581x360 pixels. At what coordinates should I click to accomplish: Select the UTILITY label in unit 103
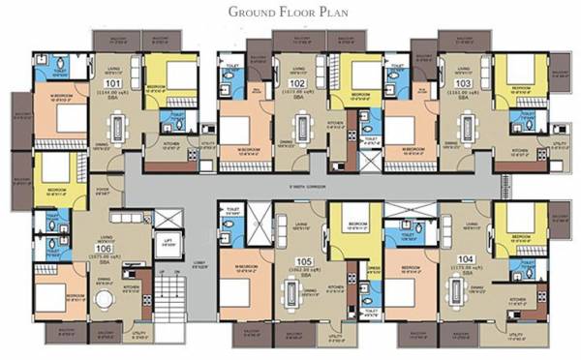[x=558, y=142]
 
